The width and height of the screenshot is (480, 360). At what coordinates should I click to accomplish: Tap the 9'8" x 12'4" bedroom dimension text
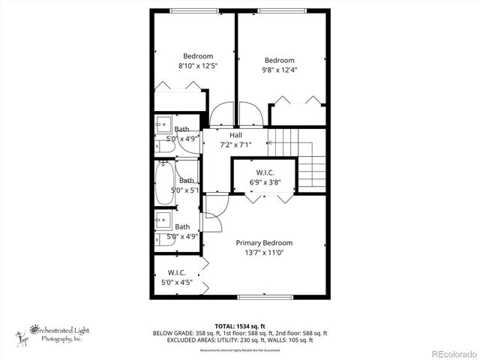(x=279, y=70)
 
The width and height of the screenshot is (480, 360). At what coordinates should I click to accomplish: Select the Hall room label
(x=235, y=135)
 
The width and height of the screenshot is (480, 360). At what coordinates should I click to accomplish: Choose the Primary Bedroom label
(x=264, y=242)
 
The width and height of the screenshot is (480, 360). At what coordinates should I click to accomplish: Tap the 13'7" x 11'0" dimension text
(x=264, y=253)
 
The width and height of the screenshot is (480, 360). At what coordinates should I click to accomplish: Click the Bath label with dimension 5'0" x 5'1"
(x=186, y=181)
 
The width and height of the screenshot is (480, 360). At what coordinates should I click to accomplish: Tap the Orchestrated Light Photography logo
(x=56, y=333)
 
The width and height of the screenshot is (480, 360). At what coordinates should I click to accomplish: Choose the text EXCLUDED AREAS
(x=186, y=340)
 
